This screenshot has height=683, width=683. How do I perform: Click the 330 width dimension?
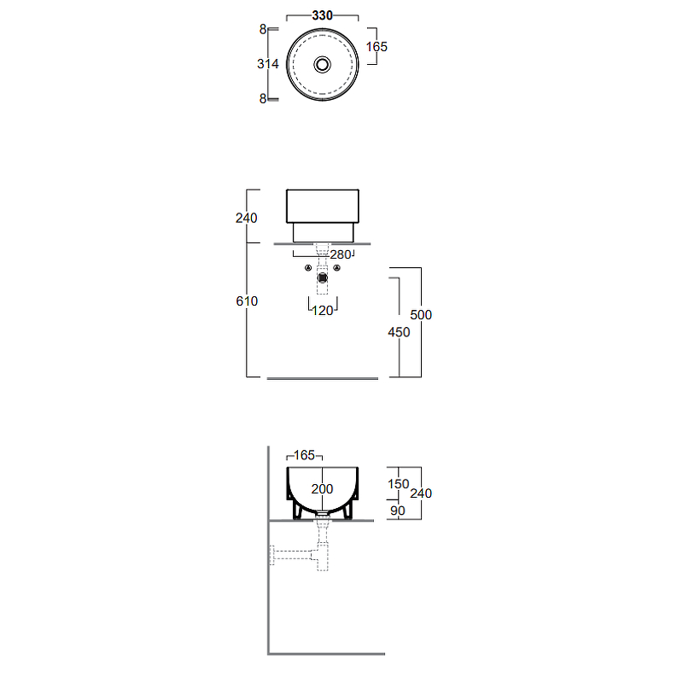[x=323, y=15]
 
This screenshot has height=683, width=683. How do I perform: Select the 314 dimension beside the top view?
[x=268, y=64]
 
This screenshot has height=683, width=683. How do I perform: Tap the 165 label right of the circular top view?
[x=377, y=47]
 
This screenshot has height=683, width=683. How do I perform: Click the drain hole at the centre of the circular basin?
[x=323, y=65]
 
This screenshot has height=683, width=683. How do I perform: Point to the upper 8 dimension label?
[x=263, y=29]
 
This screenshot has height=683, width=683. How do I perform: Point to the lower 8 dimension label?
[x=263, y=98]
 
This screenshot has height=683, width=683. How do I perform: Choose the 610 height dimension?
[x=247, y=301]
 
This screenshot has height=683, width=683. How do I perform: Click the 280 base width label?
[x=341, y=254]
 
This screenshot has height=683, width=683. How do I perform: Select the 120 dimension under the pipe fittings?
[x=323, y=311]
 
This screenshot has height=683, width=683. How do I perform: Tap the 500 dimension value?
[x=421, y=315]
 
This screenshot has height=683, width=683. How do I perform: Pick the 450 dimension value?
[x=399, y=332]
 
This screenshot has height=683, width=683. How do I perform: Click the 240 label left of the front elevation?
[x=247, y=218]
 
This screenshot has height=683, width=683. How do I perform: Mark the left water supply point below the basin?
[x=308, y=268]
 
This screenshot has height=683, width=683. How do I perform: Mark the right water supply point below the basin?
[x=336, y=268]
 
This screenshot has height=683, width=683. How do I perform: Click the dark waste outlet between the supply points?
[x=323, y=277]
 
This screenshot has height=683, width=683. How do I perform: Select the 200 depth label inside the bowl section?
[x=323, y=488]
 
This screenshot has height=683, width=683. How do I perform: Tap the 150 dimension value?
[x=399, y=484]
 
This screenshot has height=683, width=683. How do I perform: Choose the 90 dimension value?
[x=398, y=511]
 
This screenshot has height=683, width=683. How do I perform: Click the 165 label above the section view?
[x=305, y=455]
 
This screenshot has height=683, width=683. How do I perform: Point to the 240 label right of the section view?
[x=421, y=493]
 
